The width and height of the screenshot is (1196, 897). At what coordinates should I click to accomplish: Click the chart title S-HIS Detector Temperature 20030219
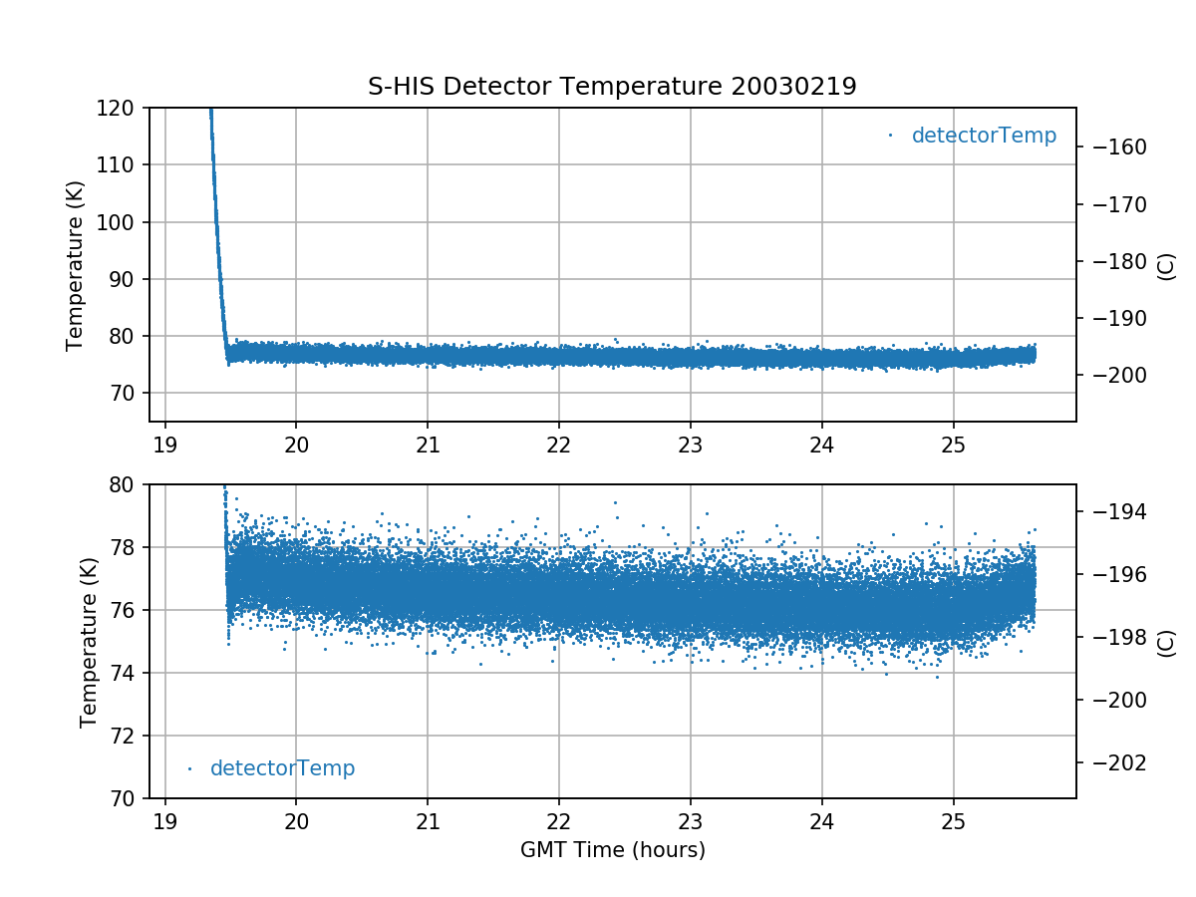click(612, 87)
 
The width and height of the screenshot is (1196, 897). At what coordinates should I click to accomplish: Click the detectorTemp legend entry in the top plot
click(983, 136)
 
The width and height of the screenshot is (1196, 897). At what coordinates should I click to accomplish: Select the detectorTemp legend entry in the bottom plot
click(282, 768)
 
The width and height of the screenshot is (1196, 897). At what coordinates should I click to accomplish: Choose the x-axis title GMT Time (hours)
click(612, 850)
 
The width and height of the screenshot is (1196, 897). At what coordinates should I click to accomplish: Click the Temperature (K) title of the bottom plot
click(90, 641)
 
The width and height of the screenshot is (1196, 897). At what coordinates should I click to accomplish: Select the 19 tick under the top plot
click(165, 445)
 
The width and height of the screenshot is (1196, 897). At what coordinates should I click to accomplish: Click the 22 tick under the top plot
click(559, 445)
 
